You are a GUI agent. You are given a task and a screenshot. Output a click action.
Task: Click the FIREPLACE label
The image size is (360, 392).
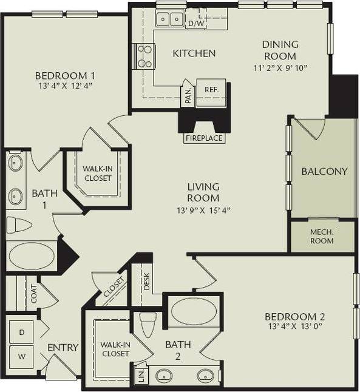[x=204, y=138]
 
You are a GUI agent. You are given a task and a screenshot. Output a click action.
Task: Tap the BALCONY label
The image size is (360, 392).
[x=324, y=171]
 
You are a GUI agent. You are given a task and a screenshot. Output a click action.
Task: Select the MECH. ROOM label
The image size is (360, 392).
[x=323, y=235]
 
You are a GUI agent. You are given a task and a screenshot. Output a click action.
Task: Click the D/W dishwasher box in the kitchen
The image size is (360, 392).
[x=196, y=24]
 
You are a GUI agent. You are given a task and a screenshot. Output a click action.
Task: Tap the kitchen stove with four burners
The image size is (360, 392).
[x=144, y=56]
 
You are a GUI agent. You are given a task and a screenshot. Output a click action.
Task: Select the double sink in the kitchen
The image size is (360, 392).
[x=170, y=20]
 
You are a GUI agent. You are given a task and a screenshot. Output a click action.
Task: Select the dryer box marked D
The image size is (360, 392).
[x=21, y=333]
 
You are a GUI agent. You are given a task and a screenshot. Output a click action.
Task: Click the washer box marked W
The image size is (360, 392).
[x=21, y=355]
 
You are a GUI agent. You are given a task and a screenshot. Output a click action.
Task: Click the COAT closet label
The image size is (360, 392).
[x=34, y=294]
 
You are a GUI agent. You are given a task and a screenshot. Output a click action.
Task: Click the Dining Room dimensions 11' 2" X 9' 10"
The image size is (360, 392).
[x=280, y=67]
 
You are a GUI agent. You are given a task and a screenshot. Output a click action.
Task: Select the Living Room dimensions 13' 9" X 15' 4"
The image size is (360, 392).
[x=203, y=210]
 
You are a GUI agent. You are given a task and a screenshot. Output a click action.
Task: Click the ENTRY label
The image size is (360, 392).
[x=64, y=348]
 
